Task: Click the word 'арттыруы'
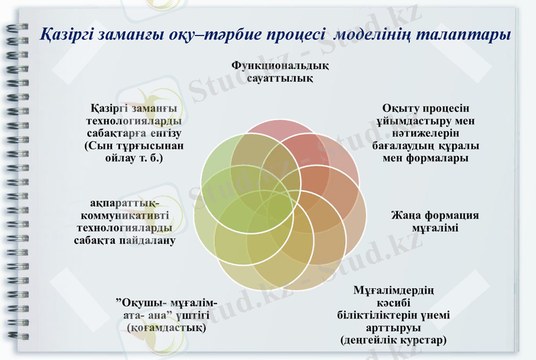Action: (x=393, y=328)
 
